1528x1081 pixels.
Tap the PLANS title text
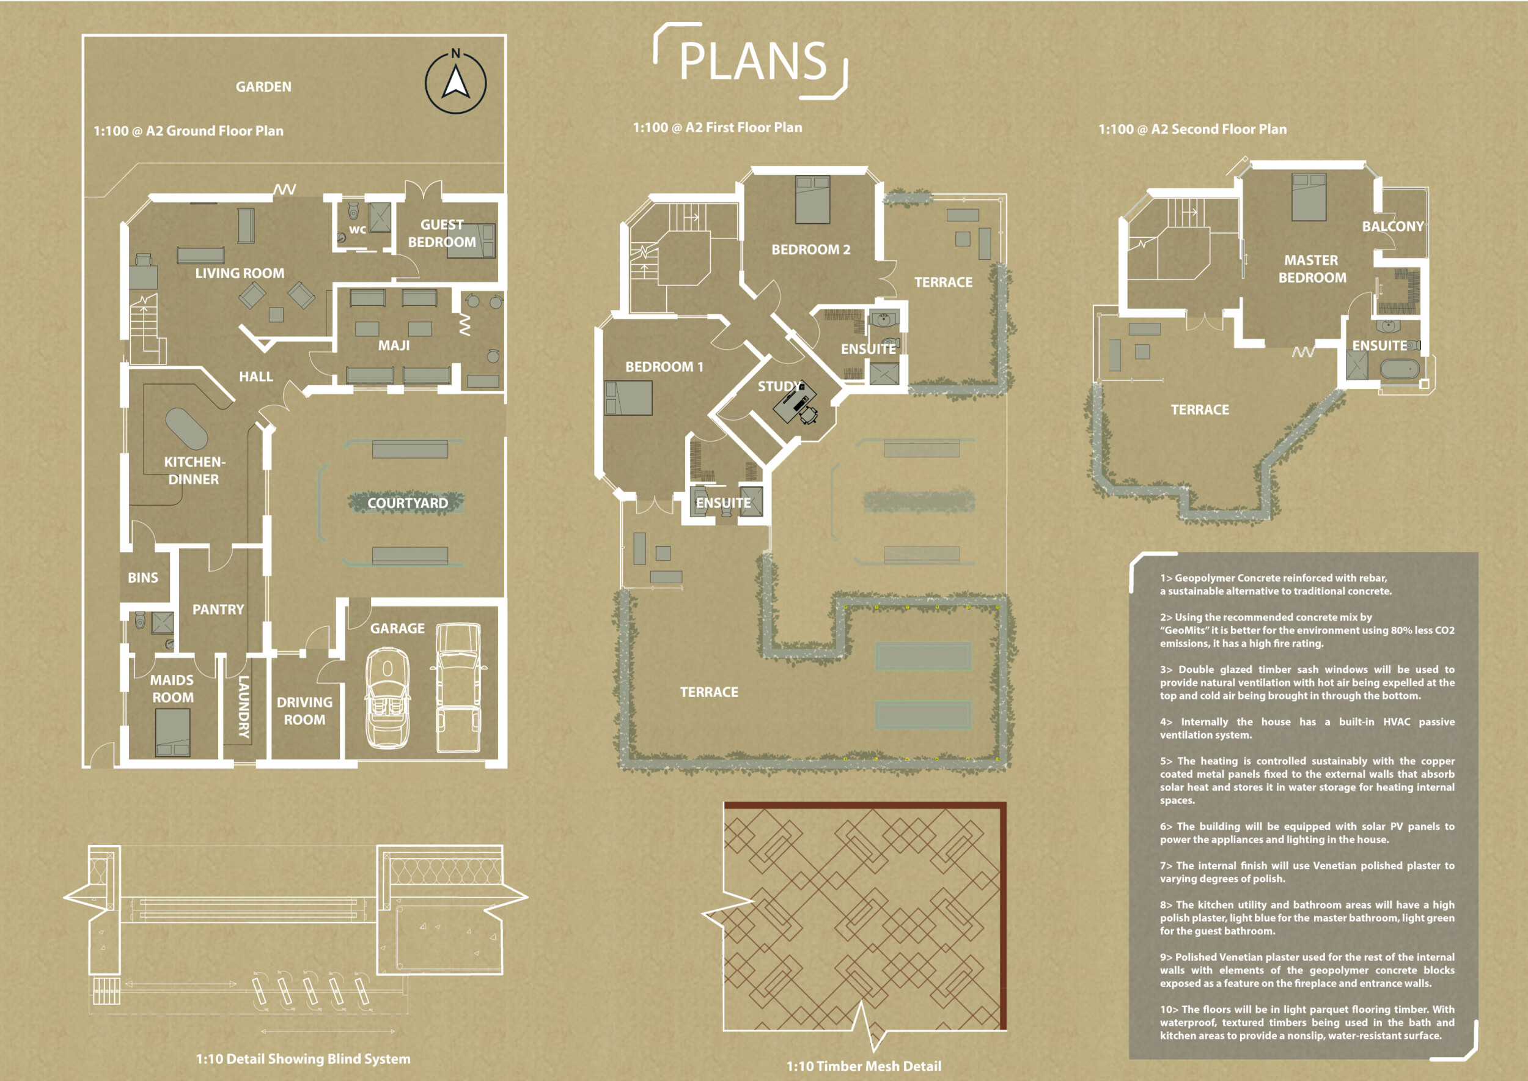tap(752, 61)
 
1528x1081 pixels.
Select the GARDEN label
tap(263, 87)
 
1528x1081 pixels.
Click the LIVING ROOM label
tap(240, 273)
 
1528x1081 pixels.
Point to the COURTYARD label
tap(408, 503)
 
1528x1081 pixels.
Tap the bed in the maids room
tap(173, 732)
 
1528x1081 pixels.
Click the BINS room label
tap(143, 578)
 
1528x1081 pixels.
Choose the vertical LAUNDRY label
tap(244, 707)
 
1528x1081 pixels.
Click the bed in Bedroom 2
tap(812, 199)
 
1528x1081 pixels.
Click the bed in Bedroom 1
tap(628, 398)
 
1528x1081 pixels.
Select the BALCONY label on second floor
tap(1393, 226)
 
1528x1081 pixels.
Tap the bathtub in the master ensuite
tap(1400, 369)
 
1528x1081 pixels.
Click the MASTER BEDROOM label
tap(1312, 269)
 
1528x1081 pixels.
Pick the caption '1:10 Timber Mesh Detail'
tap(864, 1066)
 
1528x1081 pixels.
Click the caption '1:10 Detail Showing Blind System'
tap(304, 1058)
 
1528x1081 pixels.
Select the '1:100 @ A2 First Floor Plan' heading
tap(718, 127)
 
